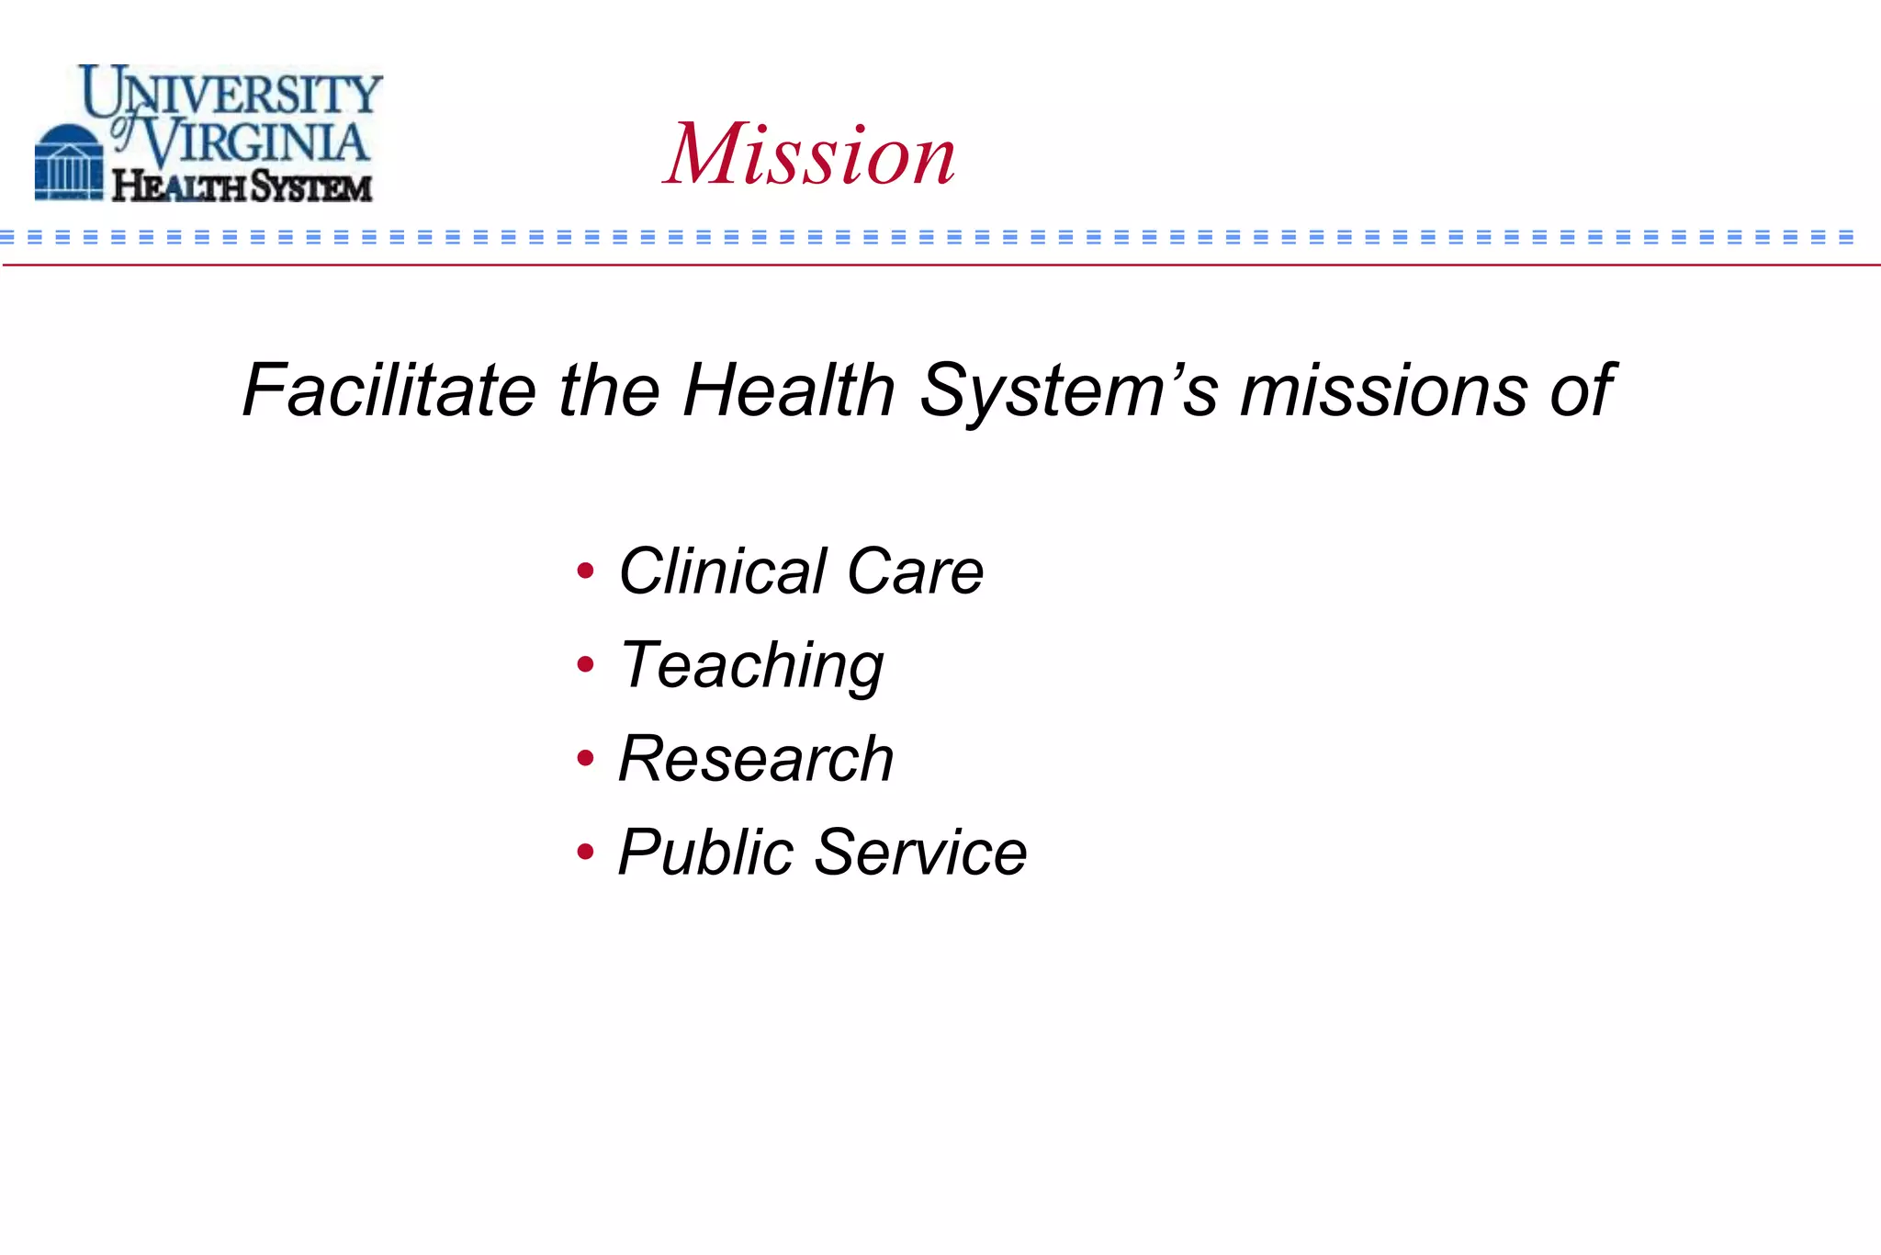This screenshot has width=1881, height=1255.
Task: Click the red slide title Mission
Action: (x=809, y=154)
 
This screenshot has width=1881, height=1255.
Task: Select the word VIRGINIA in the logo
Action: (x=257, y=142)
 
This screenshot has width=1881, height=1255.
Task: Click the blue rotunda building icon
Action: (x=69, y=164)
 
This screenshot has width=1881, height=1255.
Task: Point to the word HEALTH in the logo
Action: (x=179, y=187)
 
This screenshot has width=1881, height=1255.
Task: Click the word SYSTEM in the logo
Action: (x=310, y=187)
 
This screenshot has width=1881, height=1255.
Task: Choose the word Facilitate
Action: (x=389, y=390)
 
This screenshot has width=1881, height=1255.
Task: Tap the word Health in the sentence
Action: (x=789, y=390)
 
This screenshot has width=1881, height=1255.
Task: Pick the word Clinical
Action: (x=723, y=571)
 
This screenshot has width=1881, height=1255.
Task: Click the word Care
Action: (x=915, y=571)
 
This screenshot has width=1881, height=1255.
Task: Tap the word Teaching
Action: (x=751, y=666)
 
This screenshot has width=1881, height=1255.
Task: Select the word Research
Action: (x=756, y=759)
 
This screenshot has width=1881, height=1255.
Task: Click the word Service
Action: (x=920, y=853)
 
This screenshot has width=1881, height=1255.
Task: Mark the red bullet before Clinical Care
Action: (x=585, y=571)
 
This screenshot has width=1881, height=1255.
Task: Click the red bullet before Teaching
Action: (x=585, y=663)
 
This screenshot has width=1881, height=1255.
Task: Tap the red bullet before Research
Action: (x=585, y=758)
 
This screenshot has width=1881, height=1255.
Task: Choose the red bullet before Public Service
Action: (x=585, y=852)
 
